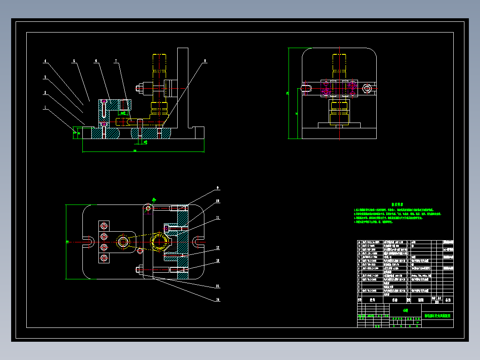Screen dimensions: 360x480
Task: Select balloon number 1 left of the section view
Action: (45, 107)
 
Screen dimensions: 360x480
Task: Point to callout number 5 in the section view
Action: (74, 61)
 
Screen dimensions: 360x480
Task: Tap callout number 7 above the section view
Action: (116, 61)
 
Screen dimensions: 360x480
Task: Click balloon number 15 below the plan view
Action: (218, 300)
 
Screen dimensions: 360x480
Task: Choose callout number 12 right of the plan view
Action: (218, 248)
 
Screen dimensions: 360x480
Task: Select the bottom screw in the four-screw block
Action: (104, 258)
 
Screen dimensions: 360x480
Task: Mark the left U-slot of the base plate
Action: (89, 242)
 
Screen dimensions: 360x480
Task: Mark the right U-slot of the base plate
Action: (197, 242)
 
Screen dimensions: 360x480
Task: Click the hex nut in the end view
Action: (367, 89)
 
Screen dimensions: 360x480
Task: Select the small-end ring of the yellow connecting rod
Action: (122, 242)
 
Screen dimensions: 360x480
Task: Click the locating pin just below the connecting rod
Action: (141, 250)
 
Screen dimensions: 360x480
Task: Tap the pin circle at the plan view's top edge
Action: (148, 208)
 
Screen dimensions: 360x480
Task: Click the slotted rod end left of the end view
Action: (305, 88)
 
